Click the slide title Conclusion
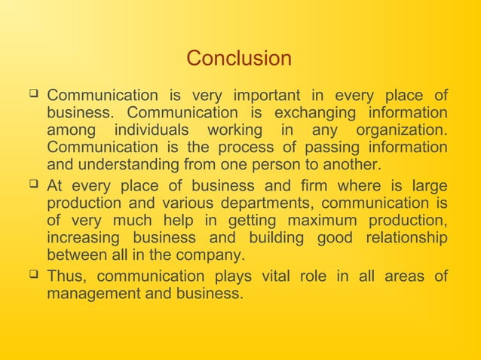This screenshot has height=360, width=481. pyautogui.click(x=238, y=59)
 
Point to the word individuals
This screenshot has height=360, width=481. pyautogui.click(x=155, y=130)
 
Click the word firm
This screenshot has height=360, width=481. pyautogui.click(x=277, y=186)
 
